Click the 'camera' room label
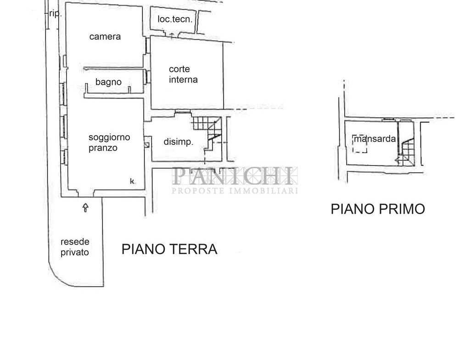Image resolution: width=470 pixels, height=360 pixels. click(105, 37)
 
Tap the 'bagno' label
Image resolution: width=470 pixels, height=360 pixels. click(108, 82)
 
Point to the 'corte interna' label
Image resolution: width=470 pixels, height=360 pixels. click(183, 74)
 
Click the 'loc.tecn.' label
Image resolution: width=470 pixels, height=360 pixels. click(175, 19)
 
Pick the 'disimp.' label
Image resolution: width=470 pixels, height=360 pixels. click(179, 142)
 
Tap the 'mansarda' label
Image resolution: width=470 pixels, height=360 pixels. click(375, 138)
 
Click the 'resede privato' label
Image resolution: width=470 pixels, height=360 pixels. click(75, 247)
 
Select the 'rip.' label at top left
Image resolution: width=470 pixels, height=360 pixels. click(55, 13)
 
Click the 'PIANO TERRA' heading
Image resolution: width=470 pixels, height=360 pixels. click(169, 249)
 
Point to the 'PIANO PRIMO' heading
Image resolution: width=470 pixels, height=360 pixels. click(378, 209)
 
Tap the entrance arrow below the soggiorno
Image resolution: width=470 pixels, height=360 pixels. click(85, 208)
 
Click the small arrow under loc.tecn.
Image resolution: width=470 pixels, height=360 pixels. click(172, 36)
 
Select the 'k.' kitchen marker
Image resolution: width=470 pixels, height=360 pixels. click(132, 181)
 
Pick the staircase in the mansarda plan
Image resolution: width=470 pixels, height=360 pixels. click(406, 152)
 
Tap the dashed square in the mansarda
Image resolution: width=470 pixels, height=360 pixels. click(360, 144)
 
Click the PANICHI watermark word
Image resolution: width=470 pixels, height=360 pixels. click(235, 176)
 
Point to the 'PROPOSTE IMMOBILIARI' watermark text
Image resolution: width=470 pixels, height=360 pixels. click(235, 191)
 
